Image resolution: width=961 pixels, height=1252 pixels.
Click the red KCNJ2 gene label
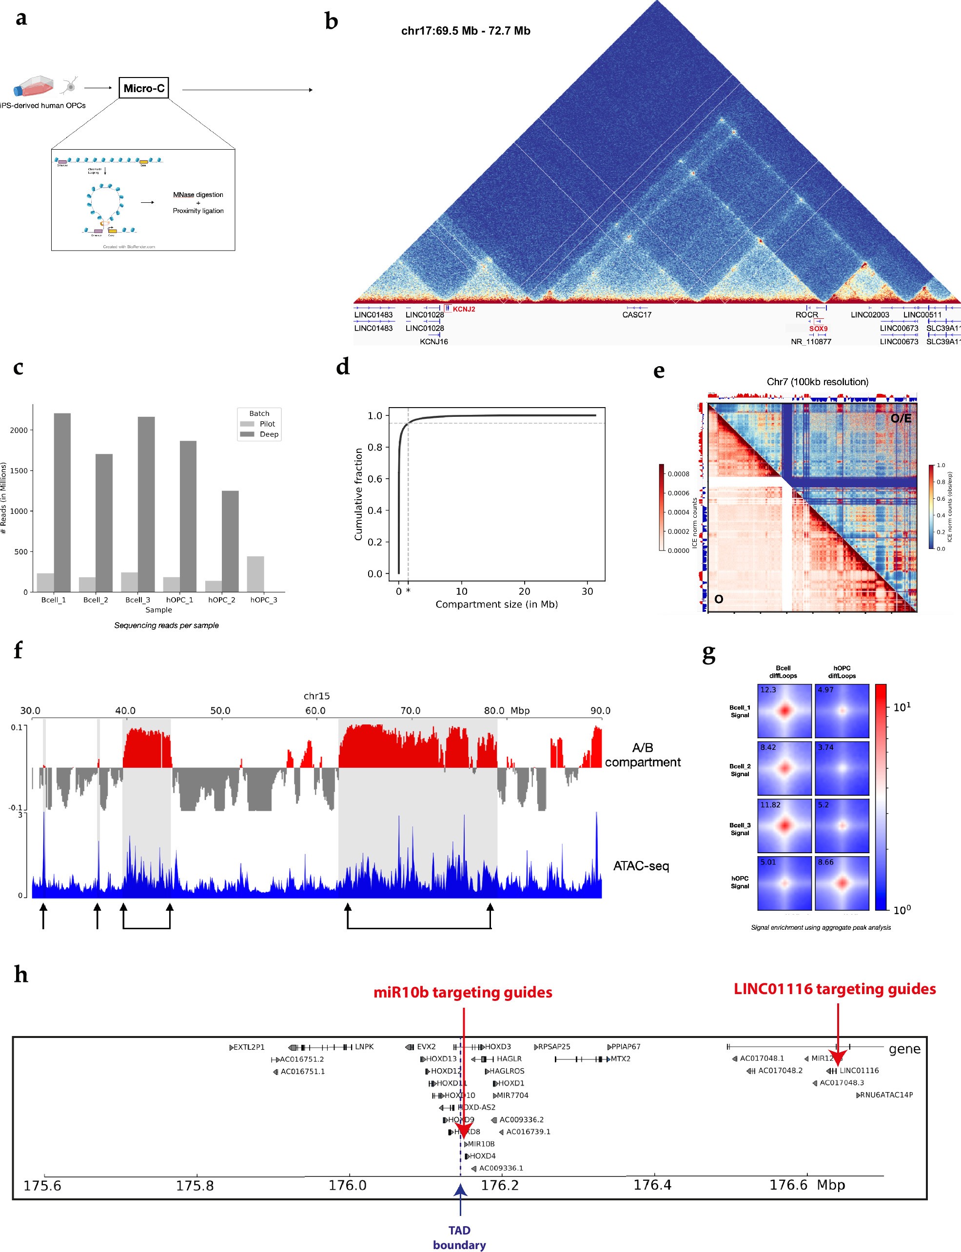pos(464,309)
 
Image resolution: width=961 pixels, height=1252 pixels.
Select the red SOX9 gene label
pos(818,328)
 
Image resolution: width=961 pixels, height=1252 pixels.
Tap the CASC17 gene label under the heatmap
pos(637,314)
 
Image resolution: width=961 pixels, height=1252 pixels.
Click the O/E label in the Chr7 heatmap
pos(901,418)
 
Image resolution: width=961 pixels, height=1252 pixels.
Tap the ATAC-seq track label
pos(641,865)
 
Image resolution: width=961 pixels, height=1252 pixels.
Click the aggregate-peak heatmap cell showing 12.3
pos(784,710)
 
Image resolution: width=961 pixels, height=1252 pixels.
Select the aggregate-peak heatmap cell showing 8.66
pos(842,882)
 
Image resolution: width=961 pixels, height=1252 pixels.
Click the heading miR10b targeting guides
pos(462,992)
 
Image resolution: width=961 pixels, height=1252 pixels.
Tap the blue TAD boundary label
pos(459,1237)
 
